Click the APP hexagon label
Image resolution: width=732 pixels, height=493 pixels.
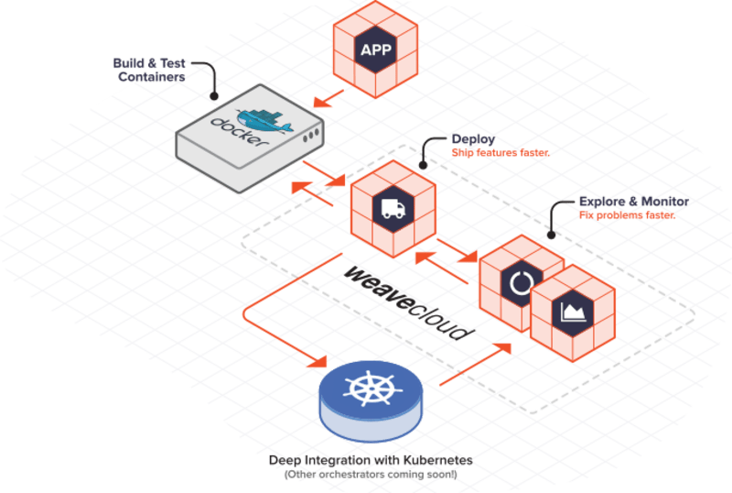coord(374,49)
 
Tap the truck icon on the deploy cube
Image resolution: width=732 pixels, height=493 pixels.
coord(392,209)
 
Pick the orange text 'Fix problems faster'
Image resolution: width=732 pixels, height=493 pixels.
coord(628,214)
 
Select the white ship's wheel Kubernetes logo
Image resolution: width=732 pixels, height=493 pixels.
coord(371,389)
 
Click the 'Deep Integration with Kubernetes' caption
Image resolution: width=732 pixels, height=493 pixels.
coord(371,460)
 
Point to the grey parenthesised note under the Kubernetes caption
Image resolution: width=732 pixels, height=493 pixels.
coord(370,476)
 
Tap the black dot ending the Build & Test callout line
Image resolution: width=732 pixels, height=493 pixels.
coord(214,94)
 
